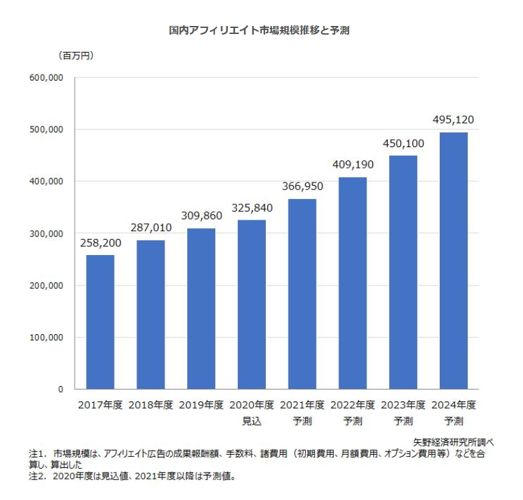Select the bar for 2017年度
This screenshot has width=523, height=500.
click(x=100, y=322)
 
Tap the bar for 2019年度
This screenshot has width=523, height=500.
click(x=201, y=308)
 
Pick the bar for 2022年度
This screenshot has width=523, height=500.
click(x=352, y=283)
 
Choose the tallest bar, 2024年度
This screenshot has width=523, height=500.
click(x=453, y=260)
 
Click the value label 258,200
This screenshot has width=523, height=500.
click(x=100, y=244)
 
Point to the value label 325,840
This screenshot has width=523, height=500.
click(x=252, y=208)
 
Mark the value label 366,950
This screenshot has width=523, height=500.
click(x=302, y=188)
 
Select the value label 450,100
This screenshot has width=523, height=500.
click(x=403, y=144)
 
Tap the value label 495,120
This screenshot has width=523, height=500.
click(x=453, y=121)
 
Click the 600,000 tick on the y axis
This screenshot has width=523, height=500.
click(x=47, y=78)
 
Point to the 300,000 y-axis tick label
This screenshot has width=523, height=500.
click(x=47, y=234)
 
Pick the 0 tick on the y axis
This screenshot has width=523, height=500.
click(x=60, y=389)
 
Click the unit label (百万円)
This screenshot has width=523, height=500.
click(x=75, y=55)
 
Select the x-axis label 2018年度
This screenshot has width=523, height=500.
click(x=151, y=405)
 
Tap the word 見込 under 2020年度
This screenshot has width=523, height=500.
click(x=252, y=421)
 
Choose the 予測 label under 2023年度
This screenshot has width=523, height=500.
click(x=403, y=421)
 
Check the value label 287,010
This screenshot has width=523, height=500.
click(x=151, y=228)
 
